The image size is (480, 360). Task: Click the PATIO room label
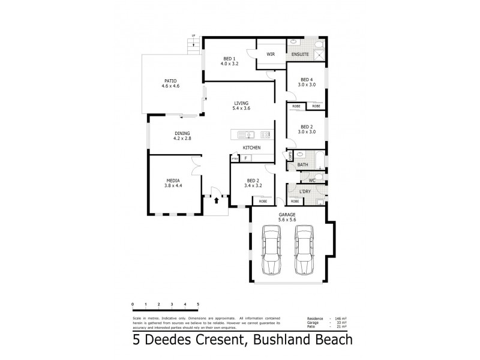point(170,81)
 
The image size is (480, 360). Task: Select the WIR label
point(271,53)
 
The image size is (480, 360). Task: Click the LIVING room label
point(241,103)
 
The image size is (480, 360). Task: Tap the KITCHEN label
point(251,148)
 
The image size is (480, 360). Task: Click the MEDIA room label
point(173,180)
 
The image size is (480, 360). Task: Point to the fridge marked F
point(246,158)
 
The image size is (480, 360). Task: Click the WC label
point(312,180)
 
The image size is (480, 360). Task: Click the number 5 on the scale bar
point(197,305)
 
